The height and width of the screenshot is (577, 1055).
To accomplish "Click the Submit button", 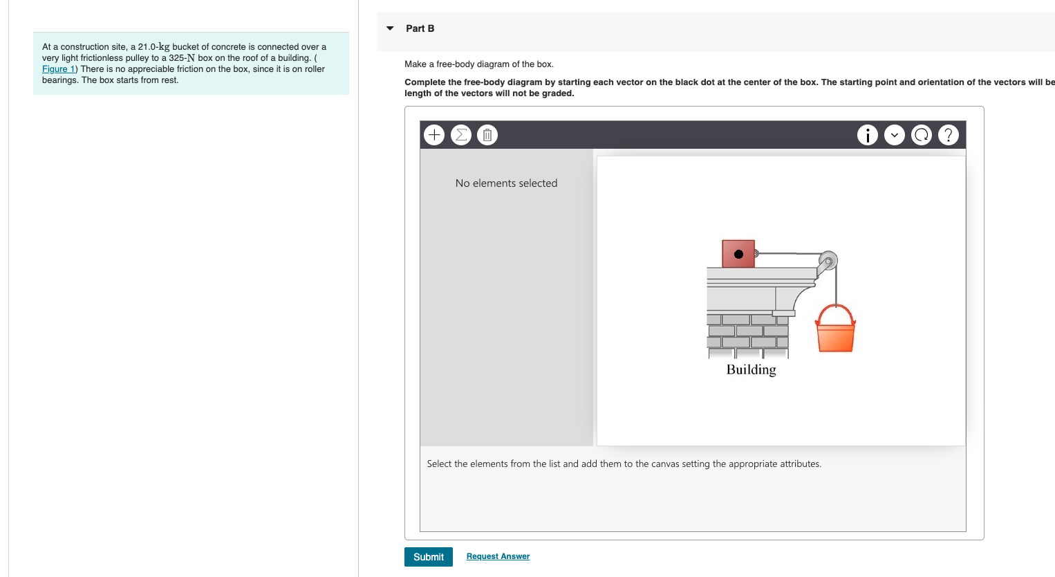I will pyautogui.click(x=428, y=557).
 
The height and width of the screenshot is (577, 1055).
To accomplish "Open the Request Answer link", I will pyautogui.click(x=498, y=556).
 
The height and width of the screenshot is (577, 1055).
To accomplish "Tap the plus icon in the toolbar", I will pyautogui.click(x=434, y=135).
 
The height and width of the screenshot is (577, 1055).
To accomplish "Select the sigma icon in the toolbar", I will pyautogui.click(x=460, y=135).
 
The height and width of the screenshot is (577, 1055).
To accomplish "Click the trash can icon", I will pyautogui.click(x=487, y=135).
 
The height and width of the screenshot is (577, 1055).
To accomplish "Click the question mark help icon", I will pyautogui.click(x=948, y=135).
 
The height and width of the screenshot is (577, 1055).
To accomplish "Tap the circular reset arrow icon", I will pyautogui.click(x=921, y=135).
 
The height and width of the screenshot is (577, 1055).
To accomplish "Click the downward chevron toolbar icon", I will pyautogui.click(x=894, y=135).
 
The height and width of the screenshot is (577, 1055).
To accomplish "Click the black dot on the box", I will pyautogui.click(x=738, y=254).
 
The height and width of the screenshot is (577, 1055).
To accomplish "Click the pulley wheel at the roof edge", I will pyautogui.click(x=828, y=261).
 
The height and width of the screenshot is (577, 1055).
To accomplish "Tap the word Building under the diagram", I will pyautogui.click(x=751, y=369).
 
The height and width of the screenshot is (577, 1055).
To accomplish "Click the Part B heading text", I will pyautogui.click(x=420, y=28).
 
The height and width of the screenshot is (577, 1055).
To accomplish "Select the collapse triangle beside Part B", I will pyautogui.click(x=390, y=28).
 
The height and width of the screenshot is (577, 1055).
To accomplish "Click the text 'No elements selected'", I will pyautogui.click(x=506, y=183).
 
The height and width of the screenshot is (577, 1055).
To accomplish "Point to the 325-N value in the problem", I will pyautogui.click(x=182, y=58).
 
